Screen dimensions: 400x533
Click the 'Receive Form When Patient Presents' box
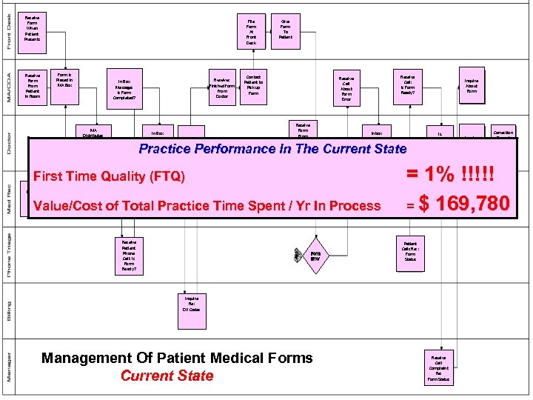tap(33, 28)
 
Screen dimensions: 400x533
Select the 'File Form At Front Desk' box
tap(251, 32)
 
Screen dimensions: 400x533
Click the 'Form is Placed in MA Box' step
tap(64, 79)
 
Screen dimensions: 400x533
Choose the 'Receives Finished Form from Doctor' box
tap(221, 87)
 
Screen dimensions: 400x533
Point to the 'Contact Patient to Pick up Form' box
tap(253, 84)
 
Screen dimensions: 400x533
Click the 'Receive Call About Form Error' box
tap(346, 89)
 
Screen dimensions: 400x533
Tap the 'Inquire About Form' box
tap(472, 87)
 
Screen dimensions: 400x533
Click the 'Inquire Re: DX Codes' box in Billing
tap(192, 304)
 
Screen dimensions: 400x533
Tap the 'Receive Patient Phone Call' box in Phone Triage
tap(129, 256)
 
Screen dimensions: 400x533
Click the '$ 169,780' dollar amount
tap(463, 204)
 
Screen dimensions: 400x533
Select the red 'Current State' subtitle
tap(167, 376)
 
